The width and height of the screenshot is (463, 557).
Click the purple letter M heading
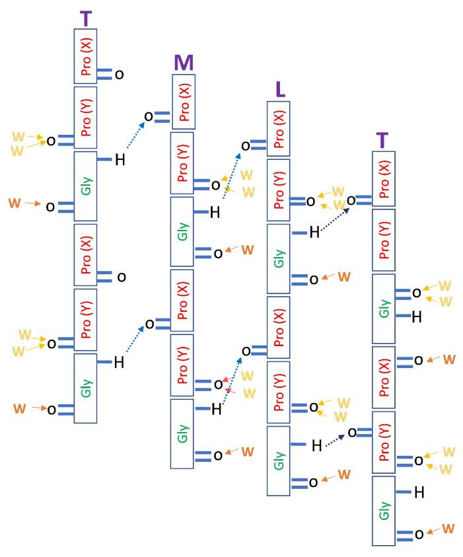point(184,63)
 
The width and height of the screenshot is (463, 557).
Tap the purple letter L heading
point(280,90)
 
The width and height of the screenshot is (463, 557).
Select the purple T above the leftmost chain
point(86,19)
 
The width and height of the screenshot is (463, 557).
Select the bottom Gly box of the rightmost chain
point(384,511)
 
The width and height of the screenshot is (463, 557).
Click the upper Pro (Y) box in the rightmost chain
point(384,241)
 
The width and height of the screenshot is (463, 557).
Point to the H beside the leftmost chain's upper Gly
point(120,159)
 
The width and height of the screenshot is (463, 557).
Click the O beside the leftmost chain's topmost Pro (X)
point(119,75)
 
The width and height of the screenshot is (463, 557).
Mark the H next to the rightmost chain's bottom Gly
point(418,492)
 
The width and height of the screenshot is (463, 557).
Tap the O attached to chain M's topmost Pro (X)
point(149,117)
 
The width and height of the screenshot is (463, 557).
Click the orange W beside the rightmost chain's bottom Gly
point(448,529)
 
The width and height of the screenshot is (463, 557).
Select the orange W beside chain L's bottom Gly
point(344,474)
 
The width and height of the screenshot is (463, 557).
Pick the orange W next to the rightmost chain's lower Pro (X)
point(448,359)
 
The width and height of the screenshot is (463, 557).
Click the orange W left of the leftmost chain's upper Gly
point(15,203)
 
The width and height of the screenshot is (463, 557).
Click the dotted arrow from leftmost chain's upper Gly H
point(134,139)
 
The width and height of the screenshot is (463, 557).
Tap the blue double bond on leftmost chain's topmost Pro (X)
point(105,74)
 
